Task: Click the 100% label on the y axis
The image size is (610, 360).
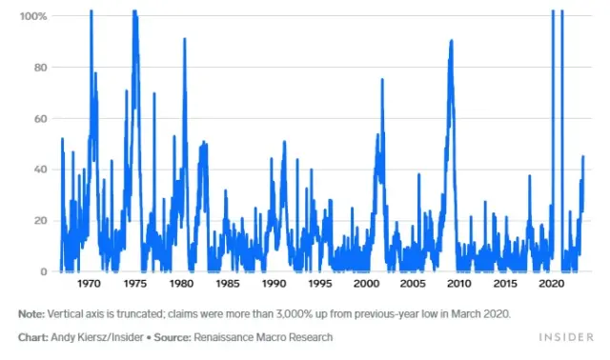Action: (35, 16)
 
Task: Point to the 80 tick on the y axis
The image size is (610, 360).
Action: (41, 68)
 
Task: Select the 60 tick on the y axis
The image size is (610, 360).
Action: (41, 119)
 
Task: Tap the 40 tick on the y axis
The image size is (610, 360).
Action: (41, 170)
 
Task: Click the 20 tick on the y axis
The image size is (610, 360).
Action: (41, 221)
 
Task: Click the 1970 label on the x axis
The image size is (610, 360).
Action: (90, 285)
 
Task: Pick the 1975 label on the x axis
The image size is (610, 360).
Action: (135, 285)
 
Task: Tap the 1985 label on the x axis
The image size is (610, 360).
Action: (228, 285)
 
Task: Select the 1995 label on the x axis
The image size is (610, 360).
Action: (320, 285)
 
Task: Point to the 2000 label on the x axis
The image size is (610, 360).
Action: (366, 285)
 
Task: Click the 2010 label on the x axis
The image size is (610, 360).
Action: (458, 285)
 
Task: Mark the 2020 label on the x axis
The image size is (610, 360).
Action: (551, 285)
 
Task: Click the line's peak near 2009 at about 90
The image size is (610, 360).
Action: (451, 41)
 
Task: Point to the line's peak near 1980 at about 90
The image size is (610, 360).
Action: (184, 39)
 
